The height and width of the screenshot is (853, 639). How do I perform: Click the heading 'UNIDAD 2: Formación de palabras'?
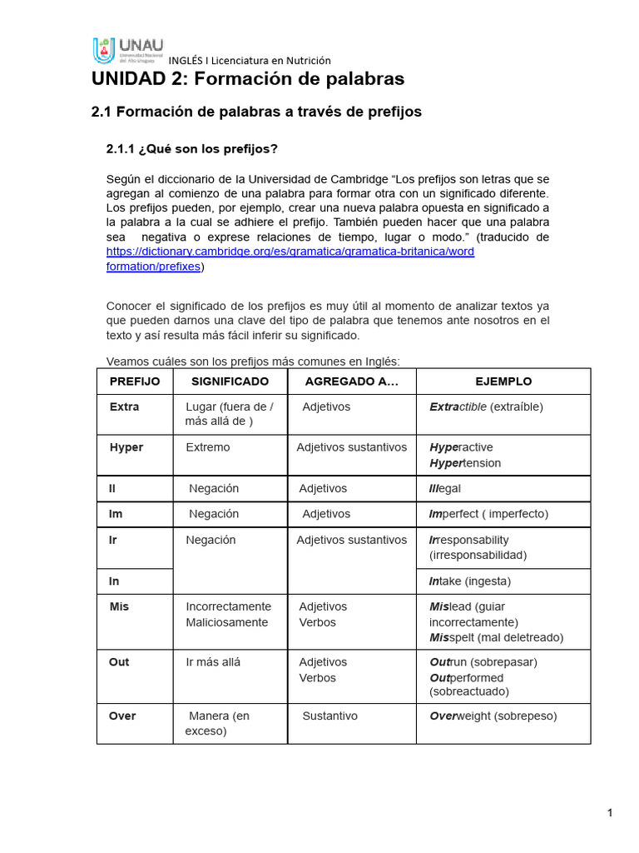pos(247,79)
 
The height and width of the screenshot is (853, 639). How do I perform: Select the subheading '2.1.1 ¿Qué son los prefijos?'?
pos(191,149)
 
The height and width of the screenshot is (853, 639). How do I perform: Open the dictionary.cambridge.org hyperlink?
pos(290,252)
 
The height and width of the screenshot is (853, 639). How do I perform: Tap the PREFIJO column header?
pos(135,382)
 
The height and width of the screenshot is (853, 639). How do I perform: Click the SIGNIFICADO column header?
pos(230,382)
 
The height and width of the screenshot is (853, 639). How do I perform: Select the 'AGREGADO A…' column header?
pos(352,382)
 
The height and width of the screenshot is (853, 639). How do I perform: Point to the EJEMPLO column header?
pos(503,382)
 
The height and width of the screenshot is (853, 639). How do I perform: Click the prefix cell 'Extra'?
pos(125,407)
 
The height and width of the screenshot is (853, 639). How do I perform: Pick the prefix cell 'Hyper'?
pos(126,447)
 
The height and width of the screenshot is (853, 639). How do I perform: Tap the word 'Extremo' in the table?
pos(208,447)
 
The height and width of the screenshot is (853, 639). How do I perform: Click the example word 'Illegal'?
pos(445,489)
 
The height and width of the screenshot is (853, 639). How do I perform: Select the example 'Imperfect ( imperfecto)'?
pos(488,514)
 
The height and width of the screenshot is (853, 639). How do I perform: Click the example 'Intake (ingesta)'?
pos(469,581)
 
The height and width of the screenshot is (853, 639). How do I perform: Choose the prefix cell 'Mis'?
pos(119,606)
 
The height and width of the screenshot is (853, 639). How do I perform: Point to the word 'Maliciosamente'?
pos(227,622)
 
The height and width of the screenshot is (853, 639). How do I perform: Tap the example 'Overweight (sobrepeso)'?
pos(493,716)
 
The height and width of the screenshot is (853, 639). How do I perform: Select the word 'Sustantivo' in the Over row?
pos(329,716)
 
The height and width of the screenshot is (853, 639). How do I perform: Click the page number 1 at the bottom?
pos(610,813)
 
